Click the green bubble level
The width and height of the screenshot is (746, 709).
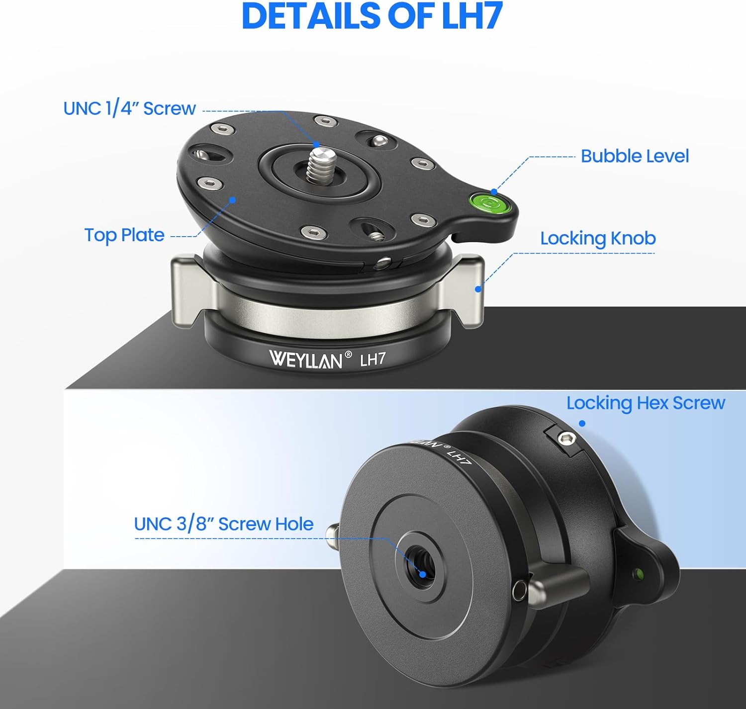[489, 203]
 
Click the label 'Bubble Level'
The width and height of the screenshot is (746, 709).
[635, 156]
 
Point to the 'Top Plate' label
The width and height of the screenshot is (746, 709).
[124, 235]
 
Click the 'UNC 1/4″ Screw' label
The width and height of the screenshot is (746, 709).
[129, 108]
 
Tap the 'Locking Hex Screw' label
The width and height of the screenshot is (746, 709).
[646, 403]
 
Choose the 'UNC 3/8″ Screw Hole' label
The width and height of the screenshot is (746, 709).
[224, 524]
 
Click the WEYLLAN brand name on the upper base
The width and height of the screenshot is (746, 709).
[305, 359]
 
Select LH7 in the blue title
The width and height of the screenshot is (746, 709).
[473, 16]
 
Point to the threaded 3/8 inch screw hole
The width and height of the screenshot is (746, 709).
[420, 564]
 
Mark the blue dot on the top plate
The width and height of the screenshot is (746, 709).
[233, 199]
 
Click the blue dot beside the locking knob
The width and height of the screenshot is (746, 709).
[478, 289]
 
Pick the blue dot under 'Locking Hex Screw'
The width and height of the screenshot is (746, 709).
[582, 423]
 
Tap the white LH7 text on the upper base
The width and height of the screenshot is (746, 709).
[373, 359]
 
